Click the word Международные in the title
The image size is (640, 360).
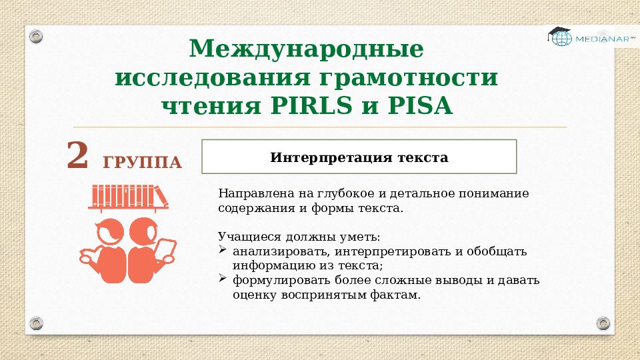[306, 49]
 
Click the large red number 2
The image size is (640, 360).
[77, 155]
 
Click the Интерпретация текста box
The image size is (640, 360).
[359, 157]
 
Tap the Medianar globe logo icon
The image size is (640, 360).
[561, 37]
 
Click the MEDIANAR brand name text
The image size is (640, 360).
[596, 39]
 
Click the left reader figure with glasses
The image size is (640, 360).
[107, 250]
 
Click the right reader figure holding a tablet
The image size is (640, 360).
[149, 250]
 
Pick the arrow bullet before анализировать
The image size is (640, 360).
[223, 251]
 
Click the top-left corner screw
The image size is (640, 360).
[37, 35]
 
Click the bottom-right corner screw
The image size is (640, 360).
[603, 323]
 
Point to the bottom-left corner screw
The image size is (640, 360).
[37, 323]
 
